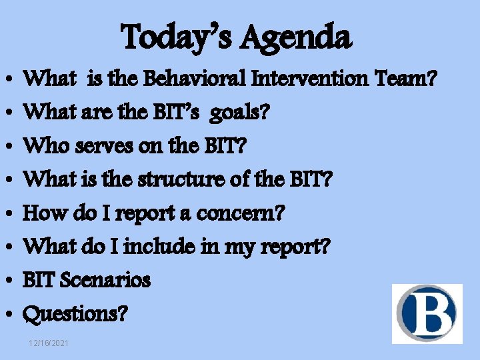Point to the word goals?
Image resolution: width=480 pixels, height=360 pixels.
pyautogui.click(x=240, y=113)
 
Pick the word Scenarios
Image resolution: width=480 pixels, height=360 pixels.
pyautogui.click(x=105, y=280)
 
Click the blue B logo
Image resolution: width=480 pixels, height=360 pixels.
pyautogui.click(x=427, y=313)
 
